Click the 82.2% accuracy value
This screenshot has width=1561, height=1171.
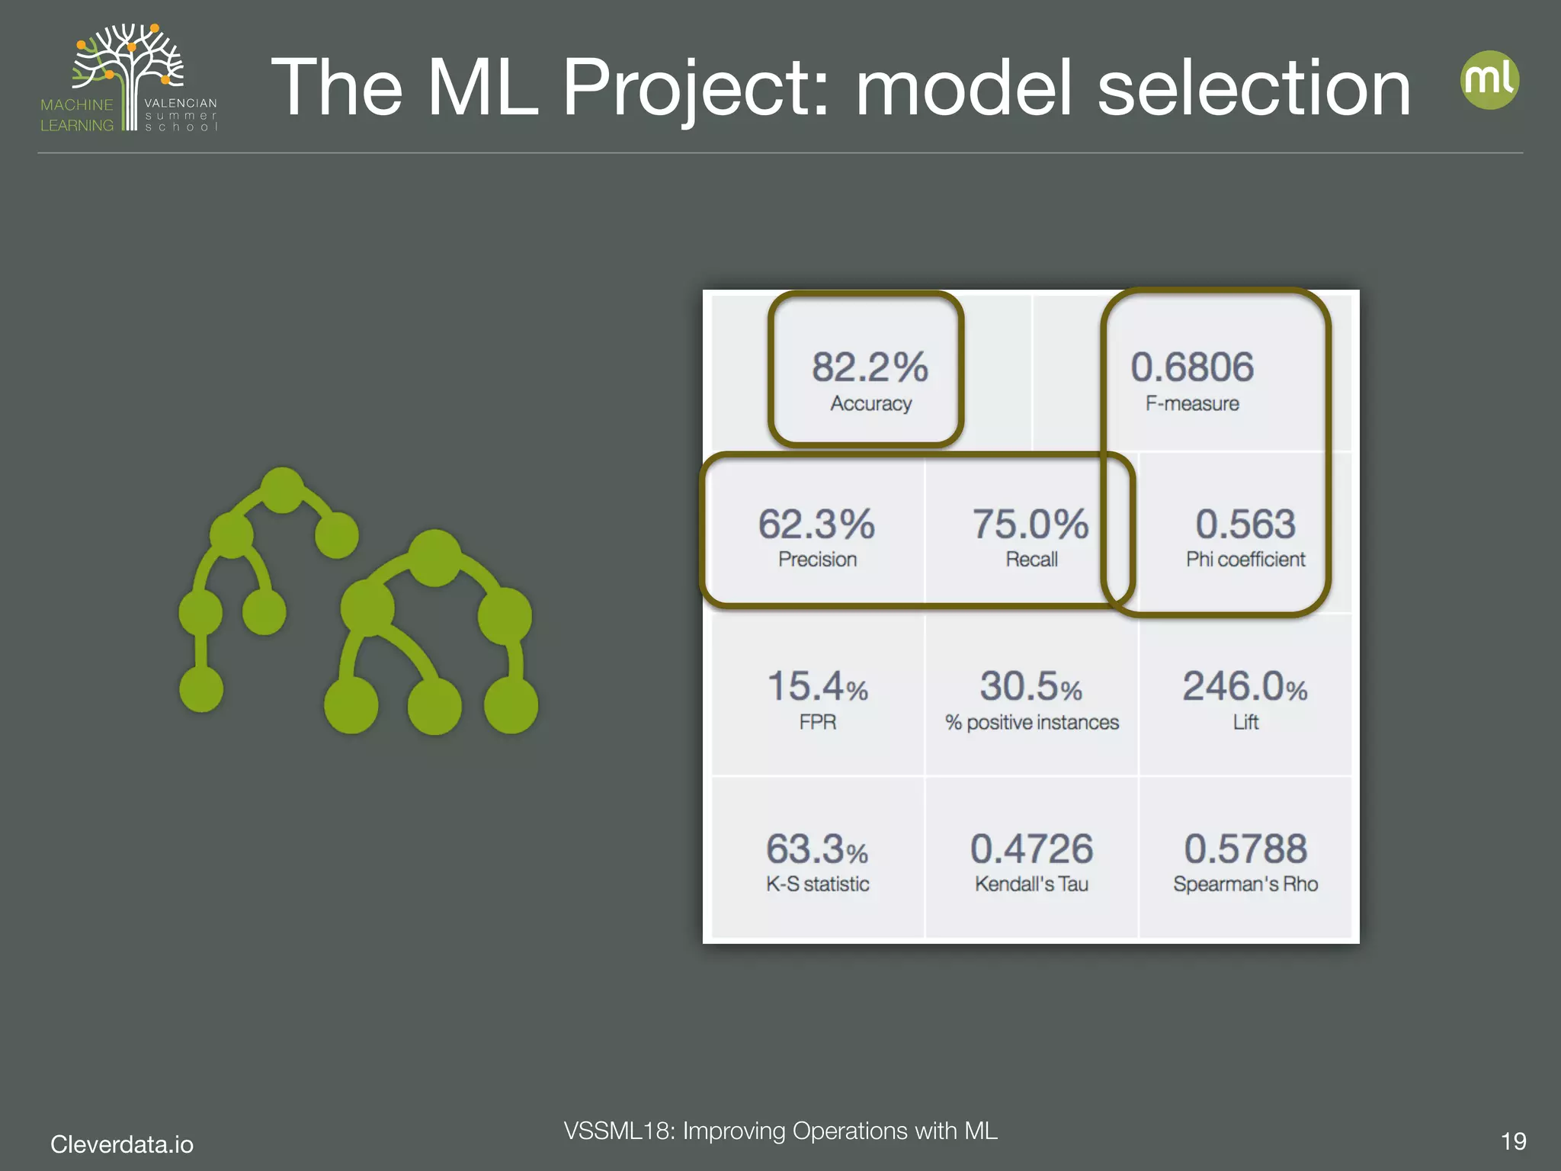coord(870,367)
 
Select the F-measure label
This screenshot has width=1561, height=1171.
coord(1192,403)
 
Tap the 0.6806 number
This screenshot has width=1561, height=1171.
coord(1192,367)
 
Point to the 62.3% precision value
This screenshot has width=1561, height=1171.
coord(816,525)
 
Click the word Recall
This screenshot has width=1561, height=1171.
coord(1031,560)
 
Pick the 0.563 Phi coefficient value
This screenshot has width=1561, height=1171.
coord(1245,525)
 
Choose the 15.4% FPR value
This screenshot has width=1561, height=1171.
coord(817,686)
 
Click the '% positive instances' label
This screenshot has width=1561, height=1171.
coord(1031,722)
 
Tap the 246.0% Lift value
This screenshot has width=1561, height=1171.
coord(1245,686)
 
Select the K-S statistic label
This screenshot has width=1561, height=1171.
coord(817,884)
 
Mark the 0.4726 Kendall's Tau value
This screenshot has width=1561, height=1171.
coord(1031,849)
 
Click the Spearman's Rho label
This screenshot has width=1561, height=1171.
coord(1245,884)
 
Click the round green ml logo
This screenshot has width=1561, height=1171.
coord(1489,80)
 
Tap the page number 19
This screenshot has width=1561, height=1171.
coord(1513,1141)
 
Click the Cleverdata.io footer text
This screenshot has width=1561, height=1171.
coord(122,1144)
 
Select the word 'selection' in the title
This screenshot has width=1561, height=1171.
coord(1254,88)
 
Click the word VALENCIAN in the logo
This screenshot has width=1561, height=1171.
coord(181,103)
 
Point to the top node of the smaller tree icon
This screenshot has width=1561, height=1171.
coord(282,489)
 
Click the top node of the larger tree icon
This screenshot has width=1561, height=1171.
coord(434,557)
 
